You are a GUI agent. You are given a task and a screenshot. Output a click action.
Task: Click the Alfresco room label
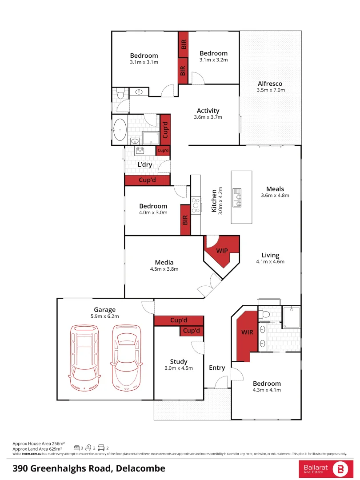[270, 84]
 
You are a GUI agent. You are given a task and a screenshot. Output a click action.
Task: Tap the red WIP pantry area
[222, 252]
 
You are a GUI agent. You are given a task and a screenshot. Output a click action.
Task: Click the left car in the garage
[84, 356]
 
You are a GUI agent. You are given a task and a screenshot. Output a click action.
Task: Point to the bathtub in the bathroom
[120, 130]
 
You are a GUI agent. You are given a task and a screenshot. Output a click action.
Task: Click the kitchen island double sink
[237, 198]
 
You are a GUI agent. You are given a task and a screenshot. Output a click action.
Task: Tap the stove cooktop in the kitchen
[196, 204]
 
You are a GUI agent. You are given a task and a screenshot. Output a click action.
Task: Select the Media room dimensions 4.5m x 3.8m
[164, 269]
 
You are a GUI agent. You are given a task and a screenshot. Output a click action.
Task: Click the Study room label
[178, 361]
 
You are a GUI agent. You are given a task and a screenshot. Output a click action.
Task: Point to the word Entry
[217, 368]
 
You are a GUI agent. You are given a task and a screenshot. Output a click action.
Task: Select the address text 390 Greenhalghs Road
[89, 468]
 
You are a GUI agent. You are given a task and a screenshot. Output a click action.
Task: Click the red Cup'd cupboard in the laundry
[147, 180]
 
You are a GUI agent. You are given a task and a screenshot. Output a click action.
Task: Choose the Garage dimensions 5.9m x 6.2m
[104, 316]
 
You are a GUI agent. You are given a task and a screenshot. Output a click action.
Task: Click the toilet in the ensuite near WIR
[266, 315]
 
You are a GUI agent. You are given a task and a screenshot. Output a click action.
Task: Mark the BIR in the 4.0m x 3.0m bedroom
[185, 220]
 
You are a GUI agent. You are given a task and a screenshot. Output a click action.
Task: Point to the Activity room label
[208, 111]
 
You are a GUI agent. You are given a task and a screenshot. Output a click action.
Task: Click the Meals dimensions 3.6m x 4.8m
[275, 195]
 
